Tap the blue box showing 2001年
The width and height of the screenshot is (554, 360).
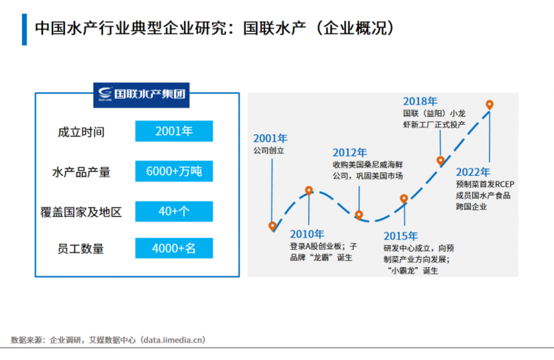pos(174,132)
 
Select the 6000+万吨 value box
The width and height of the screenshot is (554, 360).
pos(174,171)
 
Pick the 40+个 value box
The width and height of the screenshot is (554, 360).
pos(174,210)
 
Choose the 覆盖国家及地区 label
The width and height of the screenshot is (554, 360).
pos(82,211)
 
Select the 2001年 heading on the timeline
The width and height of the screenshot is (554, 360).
pos(269,137)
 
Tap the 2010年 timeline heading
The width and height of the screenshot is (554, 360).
pos(307,233)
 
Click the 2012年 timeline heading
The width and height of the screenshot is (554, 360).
pos(350,152)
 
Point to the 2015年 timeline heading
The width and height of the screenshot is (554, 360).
pos(401,235)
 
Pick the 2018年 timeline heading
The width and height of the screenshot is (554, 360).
pos(420,101)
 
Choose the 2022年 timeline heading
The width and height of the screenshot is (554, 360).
pos(473,172)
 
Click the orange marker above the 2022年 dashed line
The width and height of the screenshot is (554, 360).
pos(490,105)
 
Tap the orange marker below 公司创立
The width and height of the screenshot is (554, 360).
pos(273,226)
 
